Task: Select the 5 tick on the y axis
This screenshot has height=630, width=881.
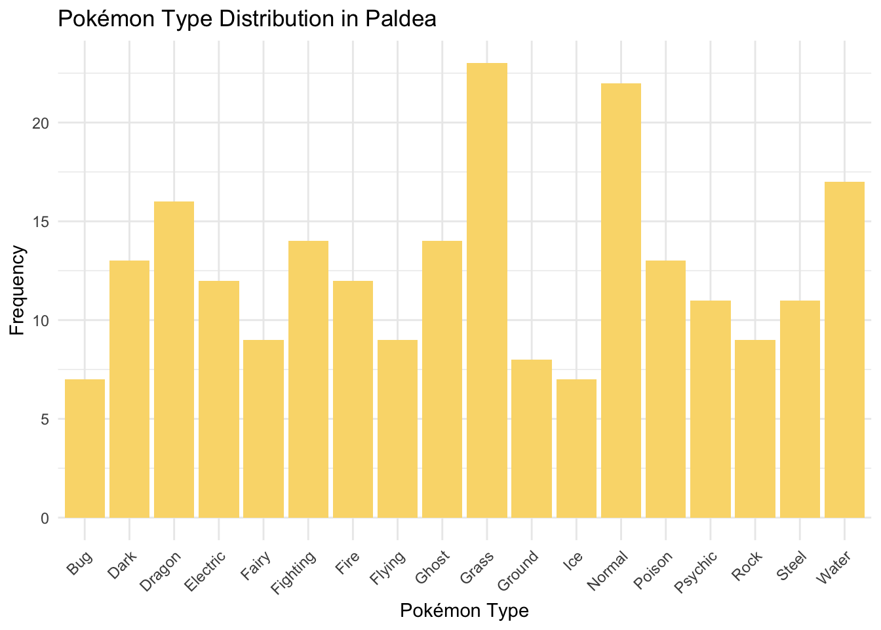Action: (45, 419)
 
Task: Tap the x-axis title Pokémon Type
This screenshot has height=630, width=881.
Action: (464, 611)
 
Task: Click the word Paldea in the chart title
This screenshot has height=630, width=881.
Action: (404, 19)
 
